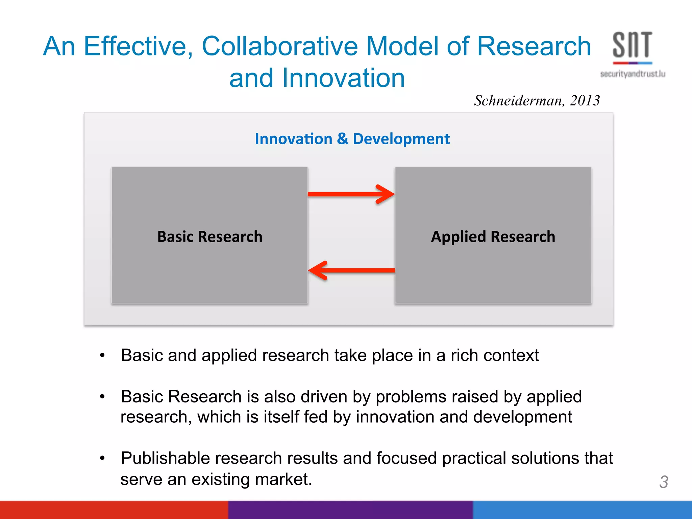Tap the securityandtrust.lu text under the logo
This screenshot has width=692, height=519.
pos(633,74)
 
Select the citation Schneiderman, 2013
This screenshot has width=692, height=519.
pos(537,100)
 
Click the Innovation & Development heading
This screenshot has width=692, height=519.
pos(352,139)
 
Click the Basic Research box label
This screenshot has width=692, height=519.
pos(209,237)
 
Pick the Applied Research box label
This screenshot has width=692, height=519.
pos(493,237)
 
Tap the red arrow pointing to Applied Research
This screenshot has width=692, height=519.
pos(351,194)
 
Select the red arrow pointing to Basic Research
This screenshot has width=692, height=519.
pos(351,270)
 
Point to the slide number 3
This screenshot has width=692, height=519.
pos(664,482)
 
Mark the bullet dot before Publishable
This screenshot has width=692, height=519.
pos(102,458)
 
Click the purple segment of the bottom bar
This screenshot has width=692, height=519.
pos(350,510)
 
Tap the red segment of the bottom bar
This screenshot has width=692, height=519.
pos(114,510)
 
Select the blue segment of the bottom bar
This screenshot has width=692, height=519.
pos(582,510)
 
